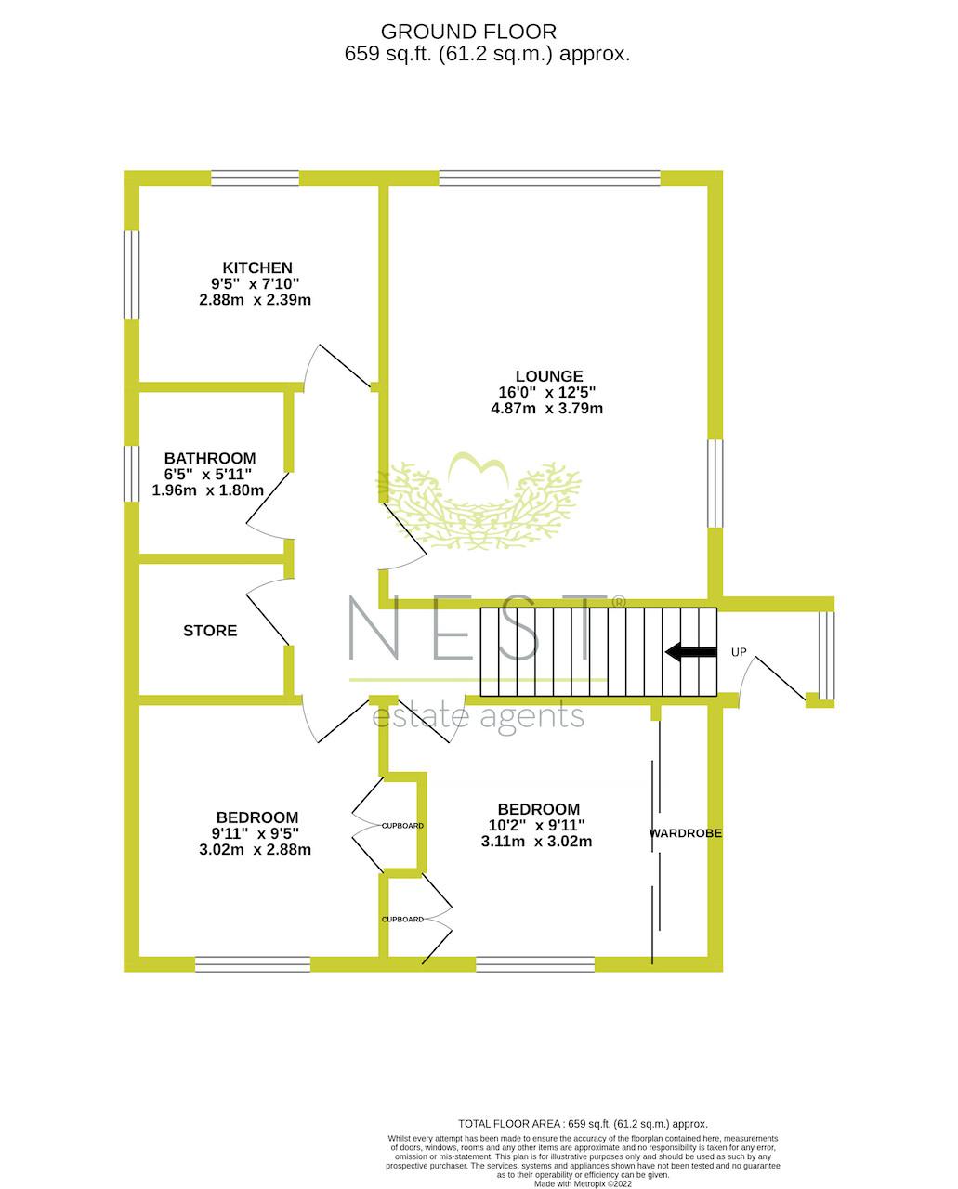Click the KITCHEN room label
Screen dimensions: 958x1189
[257, 268]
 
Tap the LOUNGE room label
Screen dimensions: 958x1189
[549, 376]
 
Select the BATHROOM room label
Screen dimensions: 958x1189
[210, 458]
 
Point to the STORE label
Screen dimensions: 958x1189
[210, 631]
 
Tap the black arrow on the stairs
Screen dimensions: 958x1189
[690, 652]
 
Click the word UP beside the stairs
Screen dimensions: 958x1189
[739, 652]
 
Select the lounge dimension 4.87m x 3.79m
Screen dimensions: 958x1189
[546, 409]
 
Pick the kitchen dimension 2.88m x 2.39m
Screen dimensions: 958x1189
[255, 300]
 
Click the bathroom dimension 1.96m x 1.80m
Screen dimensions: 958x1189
[208, 490]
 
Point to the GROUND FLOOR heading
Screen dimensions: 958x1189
[468, 32]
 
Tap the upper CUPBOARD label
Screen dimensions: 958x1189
[402, 826]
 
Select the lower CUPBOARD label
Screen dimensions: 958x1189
[402, 920]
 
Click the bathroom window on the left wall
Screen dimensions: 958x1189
[131, 474]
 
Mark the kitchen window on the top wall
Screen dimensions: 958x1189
[256, 178]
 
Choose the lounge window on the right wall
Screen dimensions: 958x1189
[715, 483]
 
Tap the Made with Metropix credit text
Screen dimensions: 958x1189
[583, 1184]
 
